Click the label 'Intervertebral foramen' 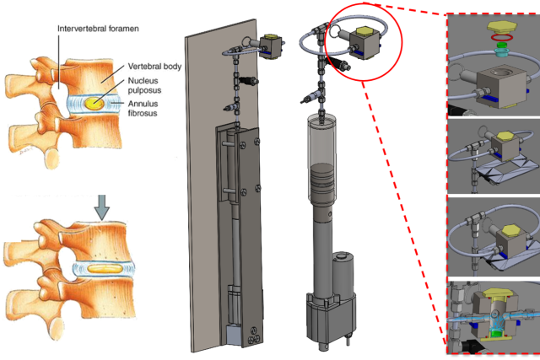click(98, 28)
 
